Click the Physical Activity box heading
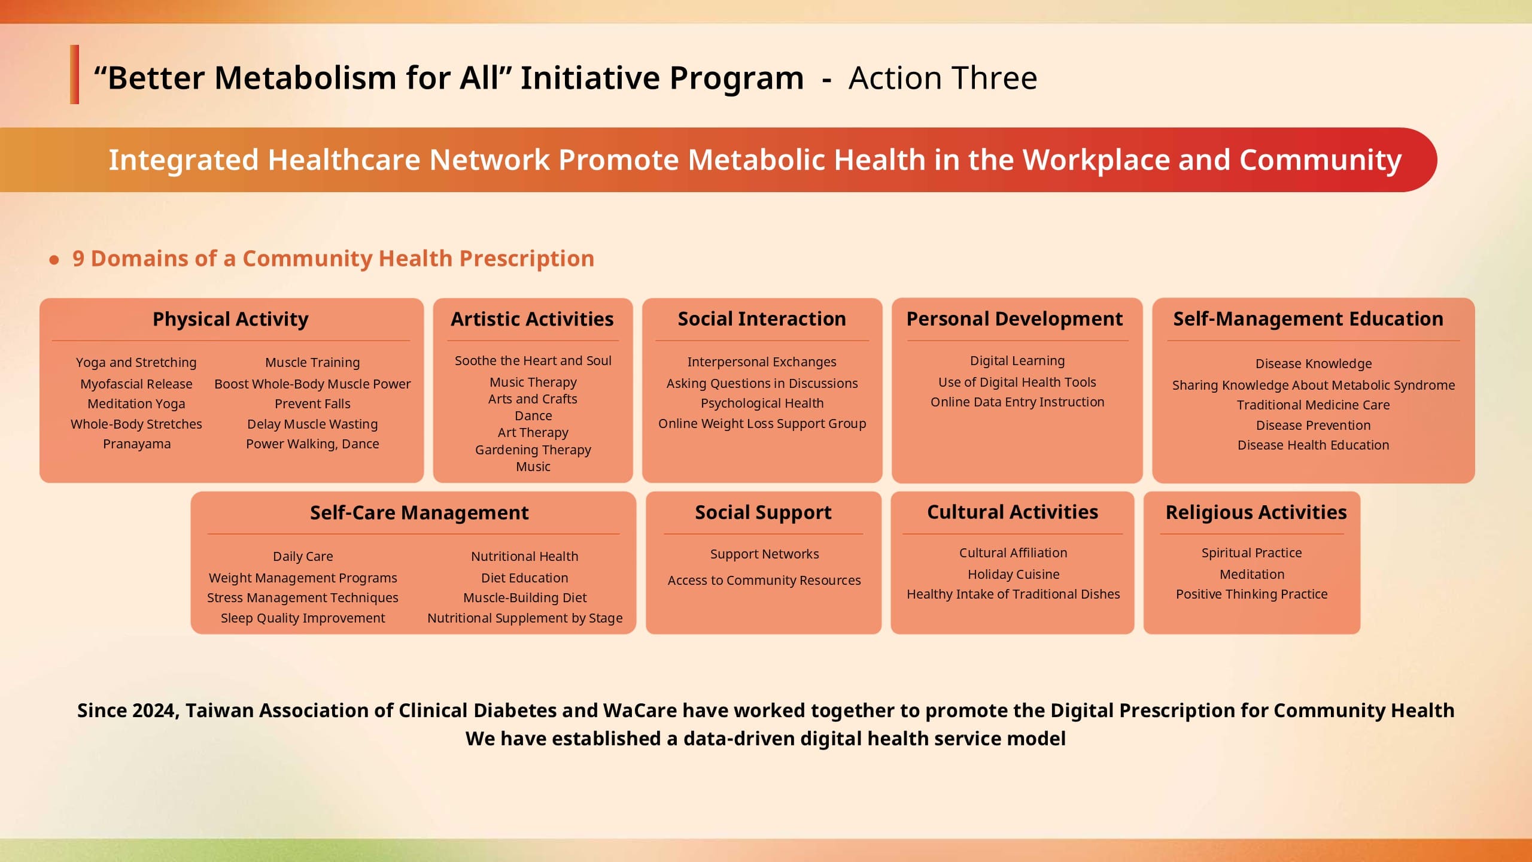tap(230, 319)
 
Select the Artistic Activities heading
tap(532, 319)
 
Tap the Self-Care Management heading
tap(419, 513)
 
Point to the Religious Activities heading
tap(1256, 512)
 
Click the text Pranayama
tap(136, 444)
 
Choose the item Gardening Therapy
tap(533, 450)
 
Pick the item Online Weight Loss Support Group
tap(762, 424)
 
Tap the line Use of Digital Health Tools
tap(1017, 383)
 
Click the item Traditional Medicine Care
tap(1313, 405)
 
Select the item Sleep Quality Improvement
tap(303, 618)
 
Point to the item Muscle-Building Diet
tap(525, 598)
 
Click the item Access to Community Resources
tap(764, 581)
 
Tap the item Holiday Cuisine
tap(1013, 575)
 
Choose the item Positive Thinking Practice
tap(1251, 594)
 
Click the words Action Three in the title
tap(943, 78)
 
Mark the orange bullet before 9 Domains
tap(54, 260)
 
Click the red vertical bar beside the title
tap(74, 75)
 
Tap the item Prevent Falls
tap(312, 404)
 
